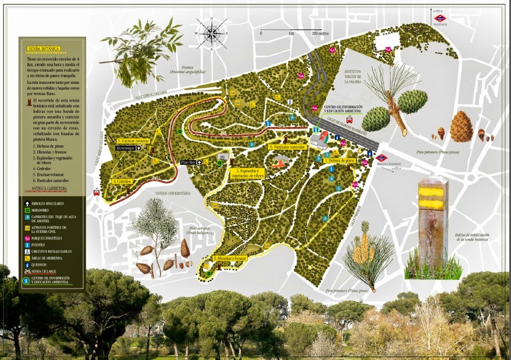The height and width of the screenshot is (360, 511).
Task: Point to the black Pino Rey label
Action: tap(188, 162)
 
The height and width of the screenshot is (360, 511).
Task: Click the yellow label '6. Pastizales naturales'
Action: tap(288, 147)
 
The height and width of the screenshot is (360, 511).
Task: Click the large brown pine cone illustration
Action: tap(461, 127)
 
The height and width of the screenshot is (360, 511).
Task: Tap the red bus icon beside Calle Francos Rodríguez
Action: tap(350, 120)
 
